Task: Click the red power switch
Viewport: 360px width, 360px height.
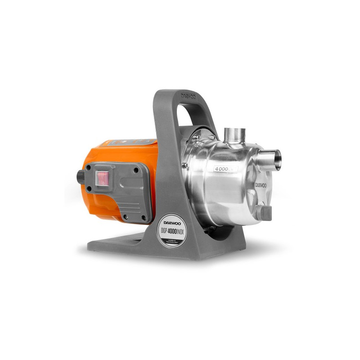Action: tap(103, 177)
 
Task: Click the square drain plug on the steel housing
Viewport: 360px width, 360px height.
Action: tap(265, 212)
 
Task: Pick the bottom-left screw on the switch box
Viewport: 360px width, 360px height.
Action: tap(124, 216)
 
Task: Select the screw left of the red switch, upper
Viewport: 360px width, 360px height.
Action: tap(90, 168)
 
